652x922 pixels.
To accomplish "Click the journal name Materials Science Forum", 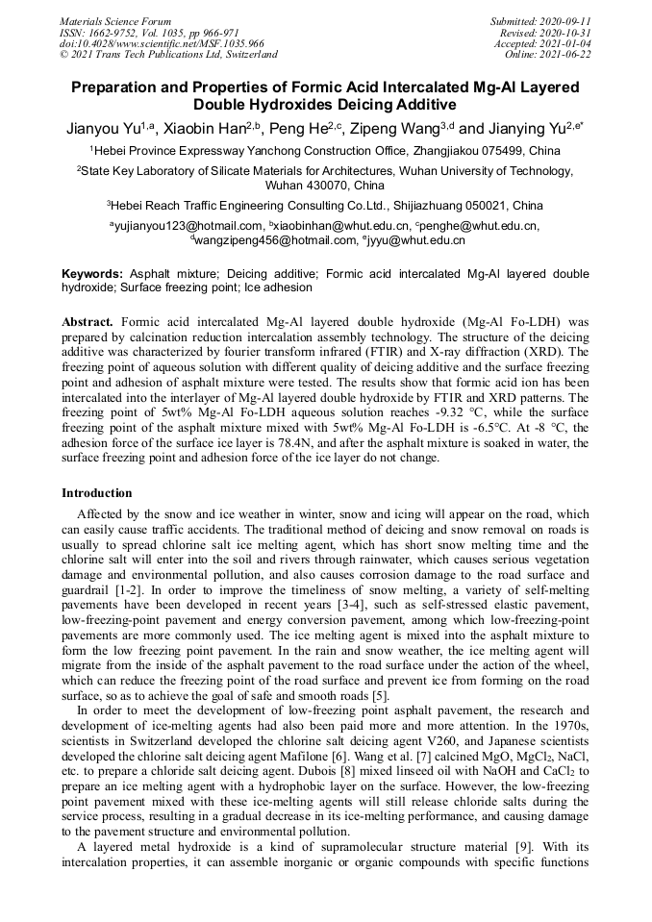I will coord(115,21).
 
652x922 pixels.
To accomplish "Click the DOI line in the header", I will coord(162,43).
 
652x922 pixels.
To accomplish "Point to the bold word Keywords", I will coord(92,274).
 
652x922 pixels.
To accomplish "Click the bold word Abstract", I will coord(88,320).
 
